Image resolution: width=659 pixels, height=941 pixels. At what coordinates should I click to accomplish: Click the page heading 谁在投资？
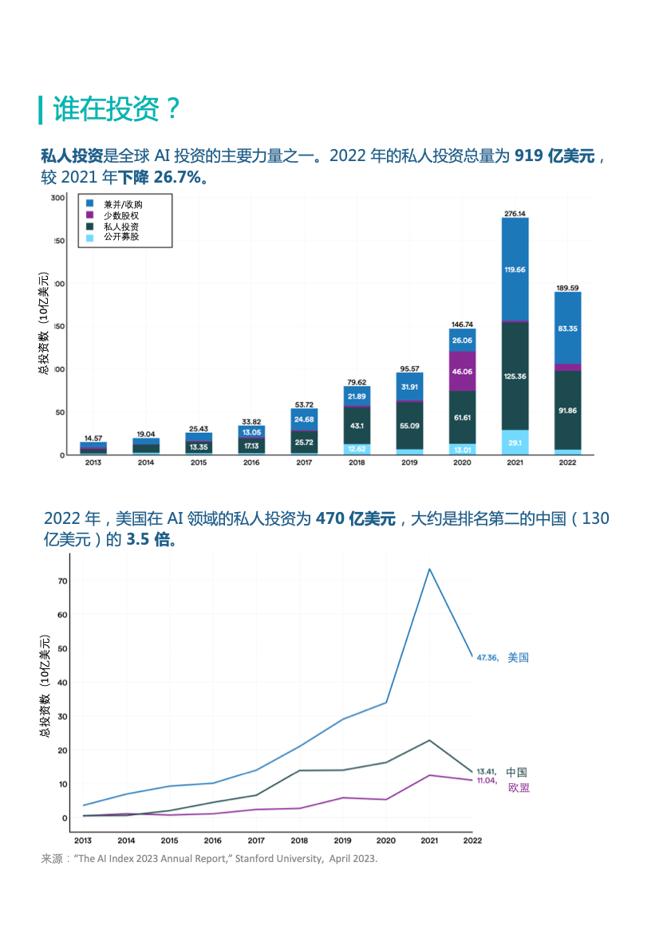(x=116, y=109)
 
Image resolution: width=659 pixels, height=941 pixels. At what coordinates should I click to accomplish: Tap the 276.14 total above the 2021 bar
(x=515, y=213)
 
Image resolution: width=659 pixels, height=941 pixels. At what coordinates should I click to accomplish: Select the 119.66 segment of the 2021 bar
(x=515, y=270)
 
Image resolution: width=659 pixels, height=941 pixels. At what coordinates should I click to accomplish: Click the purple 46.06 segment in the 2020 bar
(x=462, y=372)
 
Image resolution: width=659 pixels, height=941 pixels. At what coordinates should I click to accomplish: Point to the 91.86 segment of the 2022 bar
(x=567, y=411)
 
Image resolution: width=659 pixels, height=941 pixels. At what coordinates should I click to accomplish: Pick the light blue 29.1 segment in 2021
(x=515, y=443)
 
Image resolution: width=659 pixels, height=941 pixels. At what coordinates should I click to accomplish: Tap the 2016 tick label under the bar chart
(x=251, y=463)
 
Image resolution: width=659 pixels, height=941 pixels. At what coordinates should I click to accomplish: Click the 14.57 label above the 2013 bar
(x=93, y=438)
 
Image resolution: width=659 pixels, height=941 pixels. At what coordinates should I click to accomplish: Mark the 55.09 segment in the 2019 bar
(x=409, y=426)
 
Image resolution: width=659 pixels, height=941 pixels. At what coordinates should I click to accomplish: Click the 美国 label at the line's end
(x=519, y=658)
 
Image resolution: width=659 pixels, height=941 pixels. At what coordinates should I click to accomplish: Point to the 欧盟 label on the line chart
(x=519, y=788)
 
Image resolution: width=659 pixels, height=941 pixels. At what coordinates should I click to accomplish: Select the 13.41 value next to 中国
(x=487, y=772)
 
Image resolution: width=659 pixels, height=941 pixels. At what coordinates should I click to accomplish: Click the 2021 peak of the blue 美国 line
(x=429, y=569)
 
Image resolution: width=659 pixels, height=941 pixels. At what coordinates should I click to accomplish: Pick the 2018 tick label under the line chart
(x=299, y=840)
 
